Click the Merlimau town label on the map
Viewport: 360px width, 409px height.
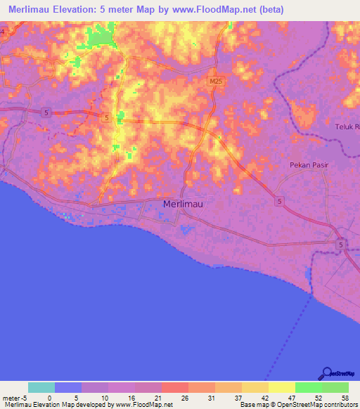pos(184,204)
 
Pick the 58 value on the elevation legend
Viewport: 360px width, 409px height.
pos(344,397)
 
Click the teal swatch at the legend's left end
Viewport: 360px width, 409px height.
pos(41,387)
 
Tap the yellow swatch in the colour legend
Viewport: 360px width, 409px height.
pos(281,387)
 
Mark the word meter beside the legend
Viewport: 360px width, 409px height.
pos(11,397)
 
